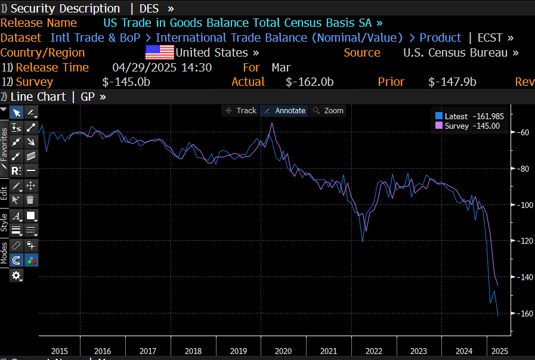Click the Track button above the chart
pos(241,111)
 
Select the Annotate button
pos(285,111)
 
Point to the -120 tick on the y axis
pos(524,241)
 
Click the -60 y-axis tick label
pos(525,133)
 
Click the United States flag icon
pos(159,52)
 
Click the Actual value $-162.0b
pos(309,82)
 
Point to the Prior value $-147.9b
pos(452,82)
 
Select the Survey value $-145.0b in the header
pos(126,82)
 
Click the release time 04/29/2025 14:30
pos(162,67)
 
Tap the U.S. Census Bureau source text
pos(456,52)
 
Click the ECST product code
pos(491,38)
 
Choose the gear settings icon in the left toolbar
pos(16,275)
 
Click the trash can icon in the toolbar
pos(30,200)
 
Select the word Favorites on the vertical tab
pos(4,144)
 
